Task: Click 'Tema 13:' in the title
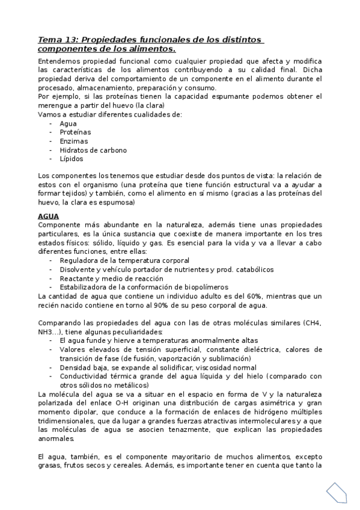(x=57, y=40)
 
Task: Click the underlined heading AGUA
(x=47, y=216)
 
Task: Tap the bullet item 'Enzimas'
(x=74, y=141)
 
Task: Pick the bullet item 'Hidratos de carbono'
(x=93, y=150)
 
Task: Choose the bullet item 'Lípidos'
(x=72, y=159)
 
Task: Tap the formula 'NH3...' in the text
(x=50, y=332)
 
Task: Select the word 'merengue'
(x=55, y=105)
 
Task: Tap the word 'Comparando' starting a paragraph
(x=58, y=323)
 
